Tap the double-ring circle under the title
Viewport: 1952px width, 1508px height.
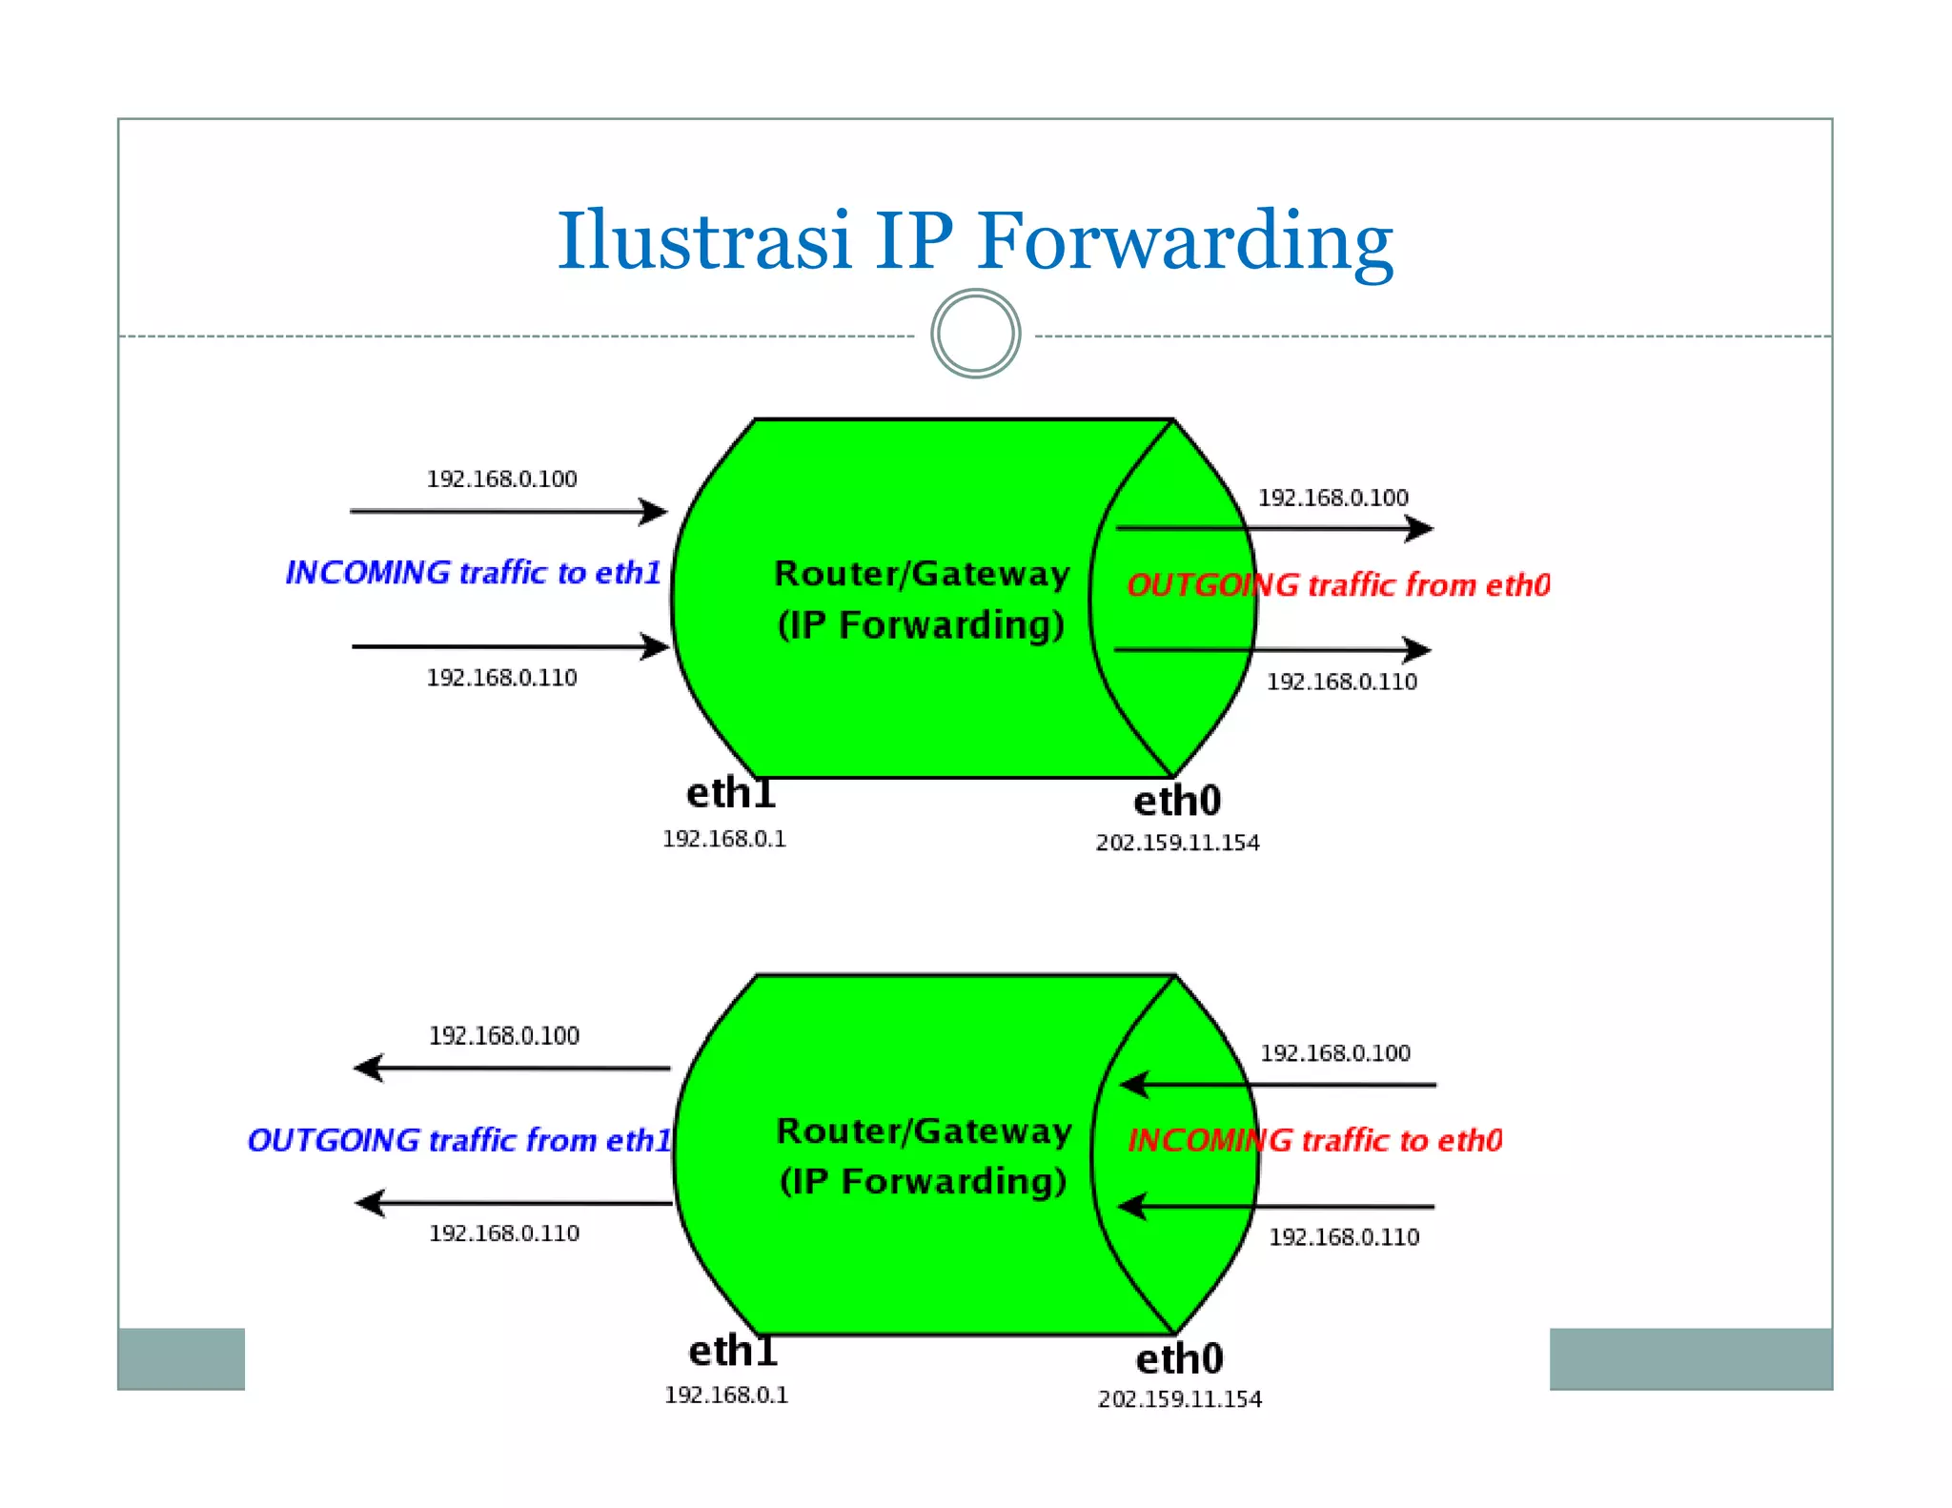click(975, 334)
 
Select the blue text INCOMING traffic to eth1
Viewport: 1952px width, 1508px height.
click(474, 573)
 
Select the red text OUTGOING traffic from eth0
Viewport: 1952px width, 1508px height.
click(1338, 585)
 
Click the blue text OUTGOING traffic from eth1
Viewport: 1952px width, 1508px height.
click(459, 1140)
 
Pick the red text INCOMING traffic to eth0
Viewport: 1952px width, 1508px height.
click(1314, 1140)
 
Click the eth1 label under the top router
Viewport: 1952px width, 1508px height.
click(731, 793)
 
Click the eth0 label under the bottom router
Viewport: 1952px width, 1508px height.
click(1179, 1358)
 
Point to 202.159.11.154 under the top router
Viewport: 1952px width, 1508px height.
click(1177, 843)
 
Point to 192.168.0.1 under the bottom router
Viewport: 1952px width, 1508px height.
click(726, 1395)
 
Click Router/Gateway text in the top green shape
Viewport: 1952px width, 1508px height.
click(922, 574)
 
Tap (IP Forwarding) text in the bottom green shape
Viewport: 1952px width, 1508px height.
click(923, 1181)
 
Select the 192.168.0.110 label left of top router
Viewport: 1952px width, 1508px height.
click(501, 678)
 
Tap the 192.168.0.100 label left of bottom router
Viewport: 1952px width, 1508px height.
click(503, 1035)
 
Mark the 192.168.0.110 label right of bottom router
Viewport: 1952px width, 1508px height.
click(1344, 1237)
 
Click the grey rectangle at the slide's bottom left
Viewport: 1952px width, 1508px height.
click(181, 1358)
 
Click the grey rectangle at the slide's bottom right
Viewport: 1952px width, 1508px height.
click(1690, 1358)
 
